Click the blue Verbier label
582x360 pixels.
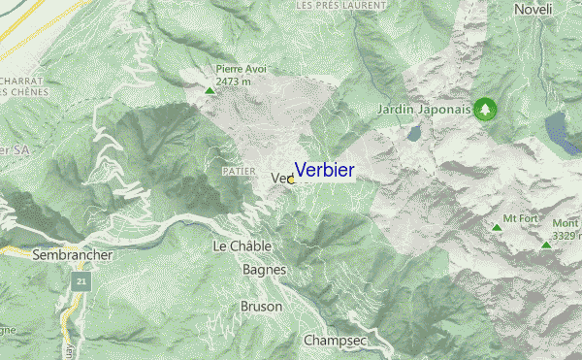(x=324, y=171)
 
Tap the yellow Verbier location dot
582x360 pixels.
(x=291, y=180)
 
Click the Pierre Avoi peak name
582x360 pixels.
(x=241, y=69)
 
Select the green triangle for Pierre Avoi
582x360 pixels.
(x=210, y=91)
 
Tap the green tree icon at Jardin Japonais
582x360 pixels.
(x=484, y=109)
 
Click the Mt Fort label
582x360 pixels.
(x=520, y=218)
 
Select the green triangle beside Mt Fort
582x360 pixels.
(x=498, y=228)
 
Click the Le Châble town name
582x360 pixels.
(x=242, y=246)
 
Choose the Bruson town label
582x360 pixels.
(x=261, y=307)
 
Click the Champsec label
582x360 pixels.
(x=333, y=341)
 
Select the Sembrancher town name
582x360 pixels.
(x=73, y=255)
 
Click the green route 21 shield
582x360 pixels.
(x=81, y=282)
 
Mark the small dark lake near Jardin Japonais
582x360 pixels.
(x=415, y=132)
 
